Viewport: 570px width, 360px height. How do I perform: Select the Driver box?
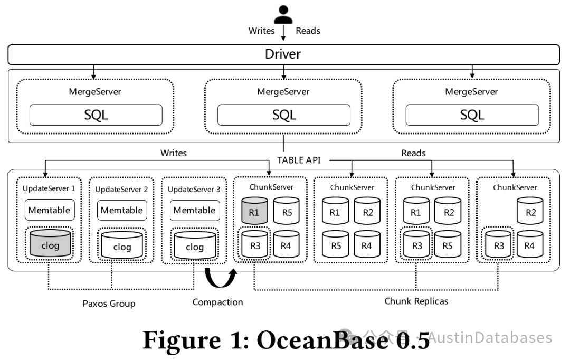(x=283, y=54)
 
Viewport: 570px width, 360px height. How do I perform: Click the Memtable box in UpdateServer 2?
(x=122, y=210)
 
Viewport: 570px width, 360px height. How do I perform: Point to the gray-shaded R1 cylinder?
(x=255, y=210)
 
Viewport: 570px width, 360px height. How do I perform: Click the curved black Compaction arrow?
(x=221, y=278)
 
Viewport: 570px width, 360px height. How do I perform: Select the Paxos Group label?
(x=109, y=304)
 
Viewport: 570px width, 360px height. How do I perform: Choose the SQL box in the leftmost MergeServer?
(x=96, y=115)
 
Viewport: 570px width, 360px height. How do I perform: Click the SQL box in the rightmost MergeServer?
(x=472, y=115)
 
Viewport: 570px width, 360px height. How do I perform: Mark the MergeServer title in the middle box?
(x=283, y=91)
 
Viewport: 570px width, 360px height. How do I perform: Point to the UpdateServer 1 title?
(x=49, y=188)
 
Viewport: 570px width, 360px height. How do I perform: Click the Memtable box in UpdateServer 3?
(x=194, y=210)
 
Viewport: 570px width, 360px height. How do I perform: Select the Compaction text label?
(x=217, y=302)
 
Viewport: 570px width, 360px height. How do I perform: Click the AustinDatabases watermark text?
(x=490, y=337)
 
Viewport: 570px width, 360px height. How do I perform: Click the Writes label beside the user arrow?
(x=261, y=31)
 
